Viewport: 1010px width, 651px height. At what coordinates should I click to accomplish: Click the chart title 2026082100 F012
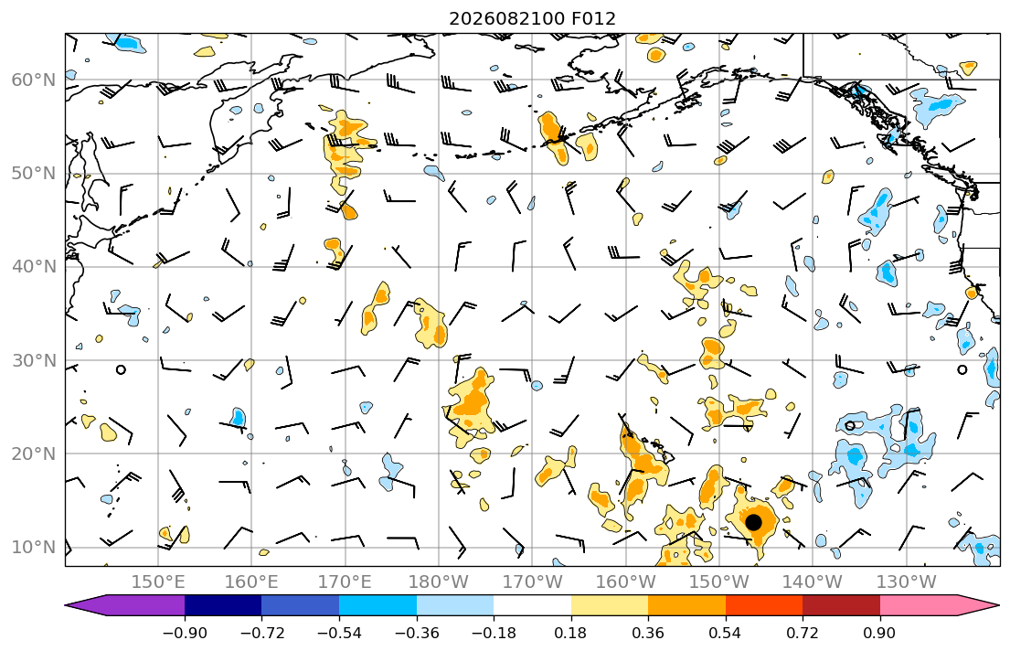(532, 18)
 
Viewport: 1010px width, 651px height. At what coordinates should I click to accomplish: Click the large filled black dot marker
(753, 522)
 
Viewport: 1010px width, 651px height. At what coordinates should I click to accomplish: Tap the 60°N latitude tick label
(34, 80)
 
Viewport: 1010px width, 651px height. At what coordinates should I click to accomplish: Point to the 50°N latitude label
(34, 174)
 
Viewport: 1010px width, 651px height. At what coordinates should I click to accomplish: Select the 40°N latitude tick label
(34, 267)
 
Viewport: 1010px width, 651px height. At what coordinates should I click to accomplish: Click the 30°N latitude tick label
(34, 360)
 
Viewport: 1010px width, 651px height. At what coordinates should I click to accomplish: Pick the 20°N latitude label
(34, 454)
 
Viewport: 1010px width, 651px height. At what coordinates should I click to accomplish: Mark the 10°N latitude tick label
(34, 548)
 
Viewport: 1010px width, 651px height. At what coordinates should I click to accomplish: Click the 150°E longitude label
(158, 582)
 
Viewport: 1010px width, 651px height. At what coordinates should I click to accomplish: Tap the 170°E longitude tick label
(345, 582)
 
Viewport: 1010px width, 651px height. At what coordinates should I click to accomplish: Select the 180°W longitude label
(439, 582)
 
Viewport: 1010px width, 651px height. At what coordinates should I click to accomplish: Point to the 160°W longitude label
(625, 582)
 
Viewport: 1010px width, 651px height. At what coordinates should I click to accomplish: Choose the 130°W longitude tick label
(907, 582)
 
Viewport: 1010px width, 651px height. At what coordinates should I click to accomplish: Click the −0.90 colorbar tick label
(185, 633)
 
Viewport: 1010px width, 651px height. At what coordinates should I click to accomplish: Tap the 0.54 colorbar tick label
(726, 633)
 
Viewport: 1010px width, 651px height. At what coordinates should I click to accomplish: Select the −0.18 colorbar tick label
(494, 633)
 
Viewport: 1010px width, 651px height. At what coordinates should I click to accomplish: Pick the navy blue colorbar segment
(223, 605)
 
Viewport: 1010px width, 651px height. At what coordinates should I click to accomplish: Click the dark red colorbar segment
(841, 605)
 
